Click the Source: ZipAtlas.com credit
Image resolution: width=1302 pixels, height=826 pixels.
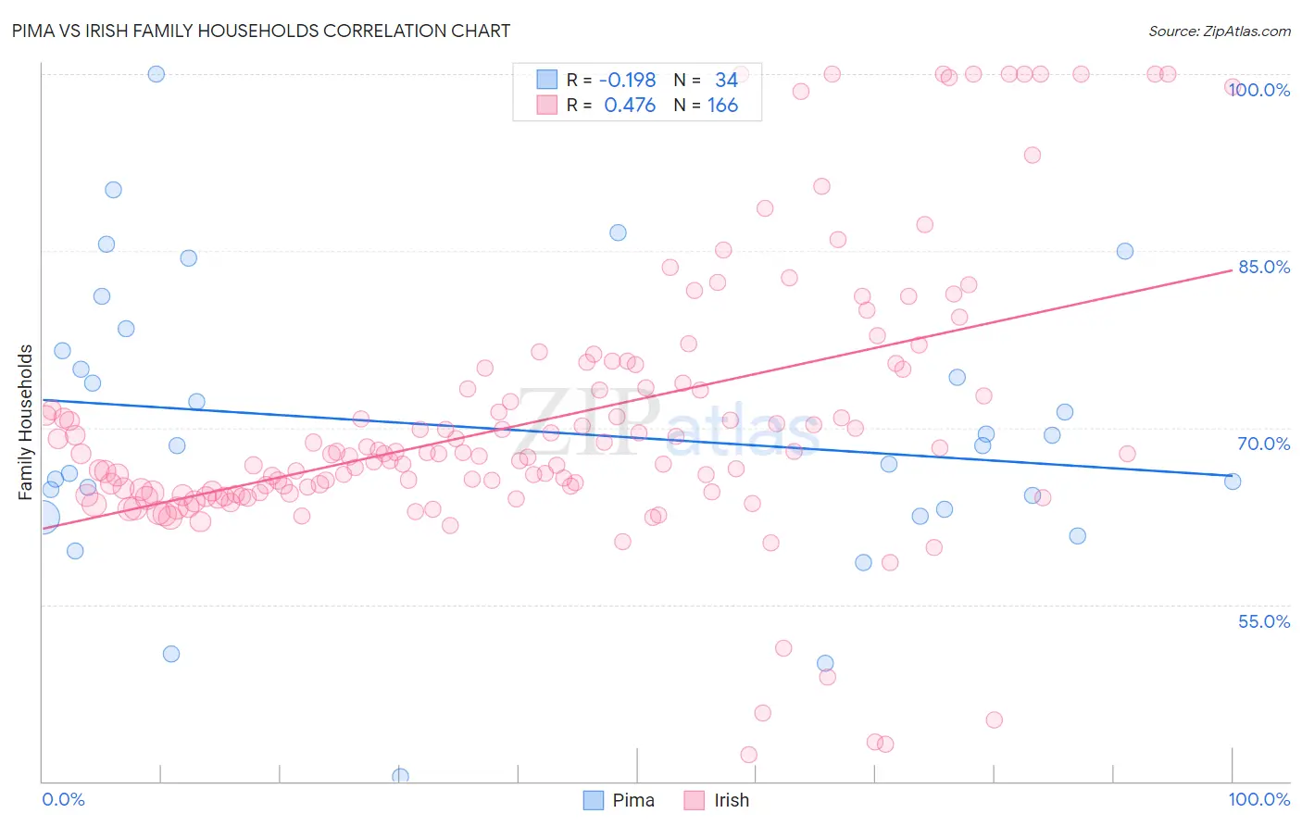pos(1219,31)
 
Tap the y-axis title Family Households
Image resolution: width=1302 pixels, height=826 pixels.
pos(26,422)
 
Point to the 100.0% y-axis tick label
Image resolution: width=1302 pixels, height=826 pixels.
pos(1259,90)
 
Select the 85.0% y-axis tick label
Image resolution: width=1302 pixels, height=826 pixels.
pos(1264,267)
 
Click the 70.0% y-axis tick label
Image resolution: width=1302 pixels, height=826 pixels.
pos(1264,444)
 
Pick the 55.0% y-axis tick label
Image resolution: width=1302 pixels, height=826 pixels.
pos(1264,621)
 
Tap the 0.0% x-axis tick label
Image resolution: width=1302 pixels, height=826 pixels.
pos(63,799)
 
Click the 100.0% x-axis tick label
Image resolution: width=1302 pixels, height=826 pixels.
pos(1258,799)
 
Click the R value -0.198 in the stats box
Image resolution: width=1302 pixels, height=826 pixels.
pos(627,81)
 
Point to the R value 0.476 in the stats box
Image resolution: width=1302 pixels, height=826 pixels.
pos(630,106)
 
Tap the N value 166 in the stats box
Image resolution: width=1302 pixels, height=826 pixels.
pos(722,106)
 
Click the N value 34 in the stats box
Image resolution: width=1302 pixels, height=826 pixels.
pos(726,81)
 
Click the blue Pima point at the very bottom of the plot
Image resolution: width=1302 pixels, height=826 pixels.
pos(401,776)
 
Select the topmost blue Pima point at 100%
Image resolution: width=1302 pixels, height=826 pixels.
pos(156,74)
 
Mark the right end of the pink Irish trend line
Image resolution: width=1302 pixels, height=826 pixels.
pos(1233,269)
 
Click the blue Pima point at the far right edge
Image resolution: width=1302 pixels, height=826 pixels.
pos(1233,482)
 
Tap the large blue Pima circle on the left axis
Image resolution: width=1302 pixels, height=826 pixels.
pos(43,518)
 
